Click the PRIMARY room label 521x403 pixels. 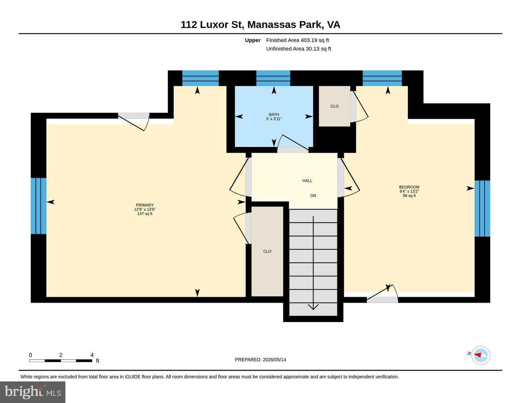click(x=145, y=205)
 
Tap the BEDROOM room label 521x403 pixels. click(x=409, y=187)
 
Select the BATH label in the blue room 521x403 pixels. click(x=274, y=115)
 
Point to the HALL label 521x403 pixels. click(x=307, y=181)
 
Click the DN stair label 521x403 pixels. click(x=313, y=196)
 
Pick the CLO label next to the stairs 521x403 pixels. click(x=267, y=251)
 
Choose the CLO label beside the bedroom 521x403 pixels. click(x=334, y=106)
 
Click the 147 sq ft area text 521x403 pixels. click(x=145, y=214)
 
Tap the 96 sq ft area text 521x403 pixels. click(x=409, y=196)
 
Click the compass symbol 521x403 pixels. click(x=480, y=355)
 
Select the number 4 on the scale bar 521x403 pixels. click(x=92, y=355)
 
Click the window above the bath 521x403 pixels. click(x=273, y=78)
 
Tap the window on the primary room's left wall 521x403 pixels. click(x=39, y=206)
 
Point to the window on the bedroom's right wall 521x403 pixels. click(x=482, y=209)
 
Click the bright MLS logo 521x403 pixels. click(x=33, y=392)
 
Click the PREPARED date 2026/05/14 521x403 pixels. click(x=274, y=360)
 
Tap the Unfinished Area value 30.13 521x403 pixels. click(x=313, y=49)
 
